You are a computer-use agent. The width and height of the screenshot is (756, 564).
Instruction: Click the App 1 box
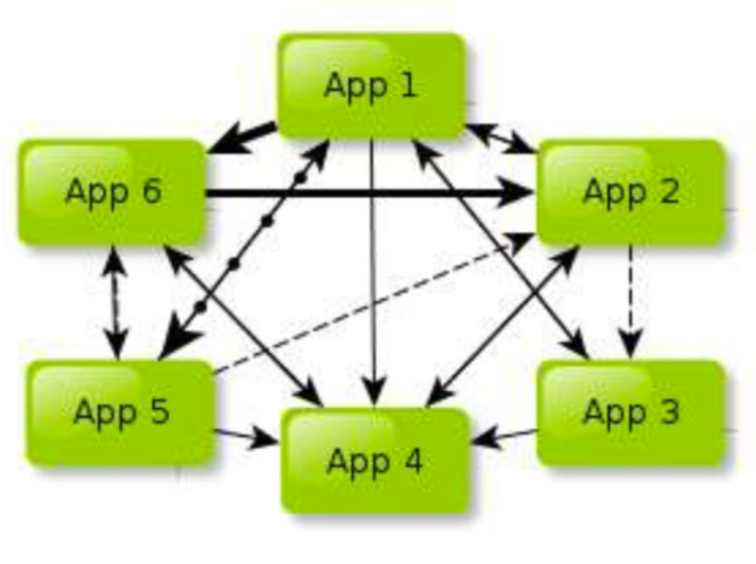tap(371, 85)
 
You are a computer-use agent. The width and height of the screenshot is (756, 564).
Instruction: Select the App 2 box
tap(630, 192)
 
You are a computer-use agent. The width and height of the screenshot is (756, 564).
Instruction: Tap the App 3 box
tap(630, 412)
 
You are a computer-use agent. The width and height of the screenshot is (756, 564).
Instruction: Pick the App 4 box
tap(375, 461)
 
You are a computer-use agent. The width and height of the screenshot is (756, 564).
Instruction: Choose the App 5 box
tap(120, 412)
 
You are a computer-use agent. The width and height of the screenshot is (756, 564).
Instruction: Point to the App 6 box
tap(112, 192)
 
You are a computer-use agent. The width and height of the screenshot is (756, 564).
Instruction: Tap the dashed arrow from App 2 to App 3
tap(630, 301)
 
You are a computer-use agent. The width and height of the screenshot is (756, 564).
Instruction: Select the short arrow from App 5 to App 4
tap(246, 438)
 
